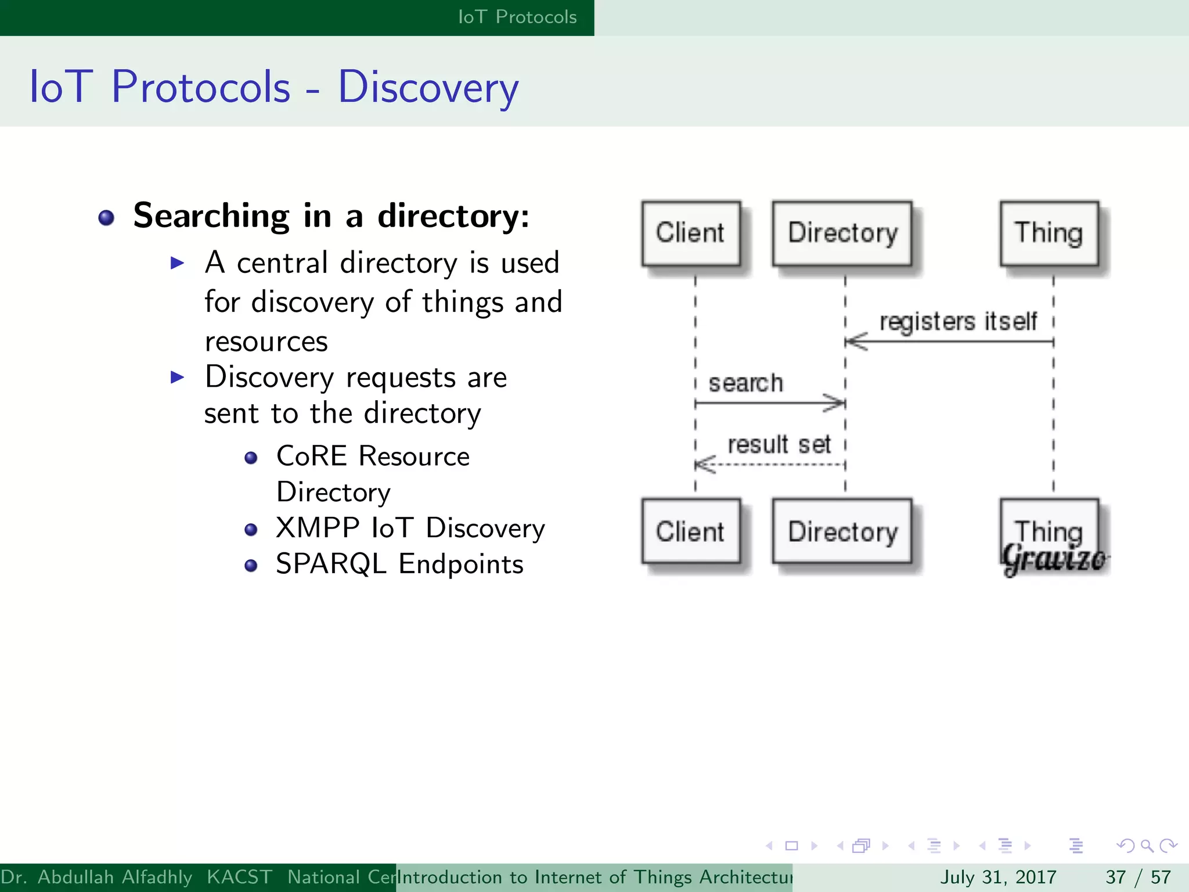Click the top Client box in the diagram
click(690, 233)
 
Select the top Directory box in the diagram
click(842, 233)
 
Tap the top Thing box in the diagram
click(1049, 233)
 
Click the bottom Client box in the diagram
click(690, 531)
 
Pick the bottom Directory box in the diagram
click(842, 531)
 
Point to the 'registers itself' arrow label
click(958, 321)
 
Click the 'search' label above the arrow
click(746, 383)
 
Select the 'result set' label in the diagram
click(779, 445)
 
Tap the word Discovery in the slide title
click(428, 87)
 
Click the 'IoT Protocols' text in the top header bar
click(517, 17)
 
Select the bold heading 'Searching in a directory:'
click(331, 216)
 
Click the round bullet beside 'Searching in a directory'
click(106, 218)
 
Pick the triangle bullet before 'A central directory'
click(177, 263)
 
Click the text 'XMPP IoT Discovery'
click(410, 528)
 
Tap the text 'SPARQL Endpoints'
click(399, 564)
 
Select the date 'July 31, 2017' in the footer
click(998, 877)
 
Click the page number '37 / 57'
click(1138, 877)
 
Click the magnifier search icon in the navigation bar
click(1147, 846)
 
